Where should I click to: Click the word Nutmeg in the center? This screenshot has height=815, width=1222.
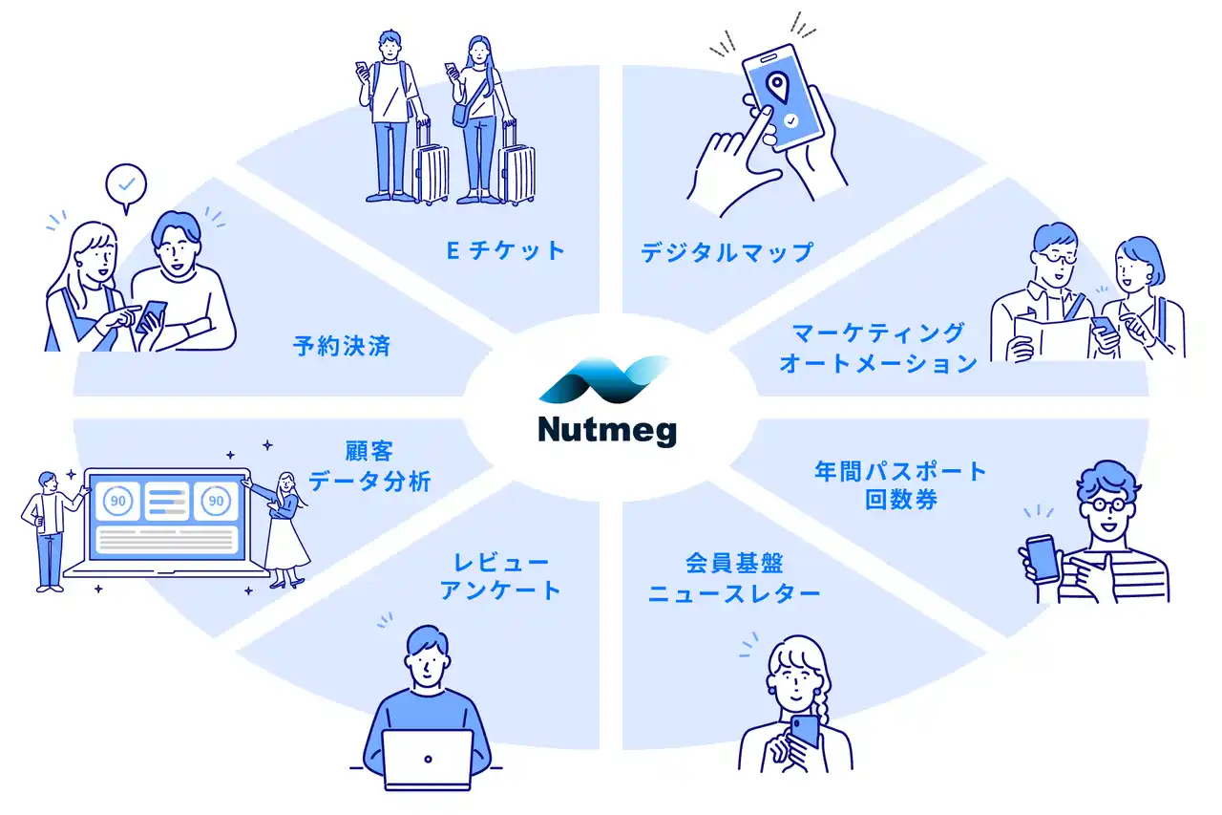tap(607, 431)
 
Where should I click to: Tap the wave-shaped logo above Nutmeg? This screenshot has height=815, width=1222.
tap(603, 380)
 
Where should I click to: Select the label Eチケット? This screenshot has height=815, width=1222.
tap(506, 250)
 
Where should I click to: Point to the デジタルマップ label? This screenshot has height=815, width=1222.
tap(727, 252)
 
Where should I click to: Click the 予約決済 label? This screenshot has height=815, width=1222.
tap(342, 346)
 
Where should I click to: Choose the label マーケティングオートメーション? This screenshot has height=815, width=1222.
tap(877, 349)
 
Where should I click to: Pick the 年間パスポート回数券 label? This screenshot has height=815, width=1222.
tap(900, 485)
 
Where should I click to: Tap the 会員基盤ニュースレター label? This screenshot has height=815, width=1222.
tap(734, 578)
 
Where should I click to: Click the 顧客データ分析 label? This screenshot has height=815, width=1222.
tap(369, 466)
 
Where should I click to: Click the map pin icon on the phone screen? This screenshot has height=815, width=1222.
tap(777, 87)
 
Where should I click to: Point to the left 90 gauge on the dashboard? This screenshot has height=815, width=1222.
tap(117, 501)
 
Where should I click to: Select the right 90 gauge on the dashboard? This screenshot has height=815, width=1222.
tap(216, 501)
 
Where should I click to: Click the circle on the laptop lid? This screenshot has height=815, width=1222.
tap(429, 759)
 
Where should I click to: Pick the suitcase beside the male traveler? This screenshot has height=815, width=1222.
tap(430, 163)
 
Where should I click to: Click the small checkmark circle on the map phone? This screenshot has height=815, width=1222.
tap(791, 120)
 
